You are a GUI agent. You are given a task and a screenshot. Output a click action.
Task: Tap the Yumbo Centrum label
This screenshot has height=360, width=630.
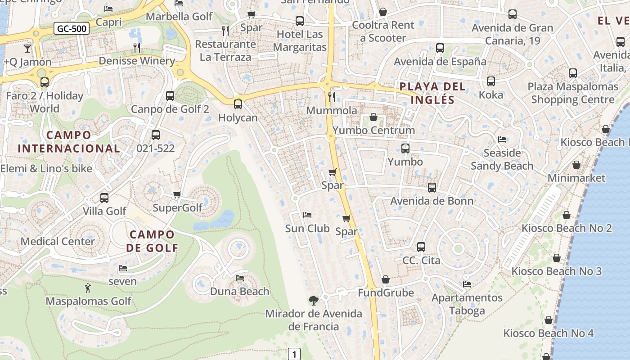click(373, 130)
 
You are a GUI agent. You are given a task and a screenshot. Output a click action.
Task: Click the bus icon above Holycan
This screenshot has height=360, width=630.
click(238, 104)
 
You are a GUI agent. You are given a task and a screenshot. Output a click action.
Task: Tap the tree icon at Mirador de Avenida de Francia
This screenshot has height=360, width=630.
click(313, 300)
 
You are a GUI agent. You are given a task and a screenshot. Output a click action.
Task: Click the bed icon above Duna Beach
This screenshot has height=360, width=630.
click(240, 278)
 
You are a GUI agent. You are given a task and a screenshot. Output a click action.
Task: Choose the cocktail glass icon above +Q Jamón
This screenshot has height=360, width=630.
click(27, 48)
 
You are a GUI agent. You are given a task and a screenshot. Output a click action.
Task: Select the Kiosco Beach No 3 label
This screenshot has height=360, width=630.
click(556, 271)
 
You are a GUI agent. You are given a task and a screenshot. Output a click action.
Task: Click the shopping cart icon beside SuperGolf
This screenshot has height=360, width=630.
click(177, 195)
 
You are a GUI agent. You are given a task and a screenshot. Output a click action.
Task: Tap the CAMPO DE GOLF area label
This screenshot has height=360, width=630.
click(152, 241)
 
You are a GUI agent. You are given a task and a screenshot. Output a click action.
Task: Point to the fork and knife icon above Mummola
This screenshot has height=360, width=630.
click(332, 97)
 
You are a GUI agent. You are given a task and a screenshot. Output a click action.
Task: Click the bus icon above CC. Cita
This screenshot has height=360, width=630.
click(421, 247)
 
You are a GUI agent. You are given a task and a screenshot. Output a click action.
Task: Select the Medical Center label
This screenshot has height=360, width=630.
click(58, 241)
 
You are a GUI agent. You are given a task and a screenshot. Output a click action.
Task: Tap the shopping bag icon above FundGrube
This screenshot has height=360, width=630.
click(385, 280)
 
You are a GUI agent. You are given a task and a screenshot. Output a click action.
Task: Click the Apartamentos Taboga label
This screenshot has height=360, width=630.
click(467, 304)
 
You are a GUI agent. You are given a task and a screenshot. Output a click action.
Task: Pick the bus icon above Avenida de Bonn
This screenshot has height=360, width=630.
click(432, 188)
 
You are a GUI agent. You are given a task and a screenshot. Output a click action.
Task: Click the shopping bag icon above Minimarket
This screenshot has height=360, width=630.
click(576, 165)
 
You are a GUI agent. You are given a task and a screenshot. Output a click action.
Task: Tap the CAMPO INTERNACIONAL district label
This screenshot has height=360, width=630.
click(68, 141)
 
